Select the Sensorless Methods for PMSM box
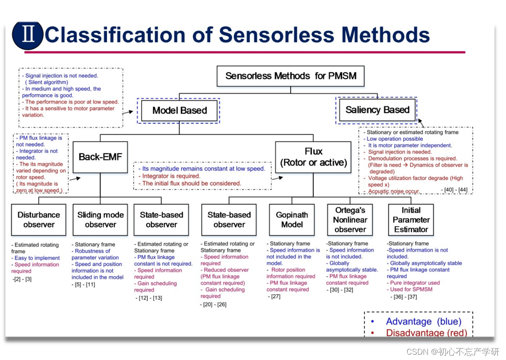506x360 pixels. tap(291, 76)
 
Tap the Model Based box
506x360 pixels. tap(179, 110)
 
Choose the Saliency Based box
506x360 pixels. tap(377, 110)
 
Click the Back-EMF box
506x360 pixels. tap(100, 157)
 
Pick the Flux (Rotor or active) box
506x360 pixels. tap(313, 157)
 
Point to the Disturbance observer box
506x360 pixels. tap(39, 220)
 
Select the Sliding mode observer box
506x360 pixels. tap(100, 220)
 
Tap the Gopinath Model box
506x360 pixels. tap(292, 220)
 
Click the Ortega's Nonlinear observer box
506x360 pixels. tap(350, 220)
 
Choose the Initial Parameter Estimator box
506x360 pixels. tap(411, 220)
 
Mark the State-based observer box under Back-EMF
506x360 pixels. tap(161, 220)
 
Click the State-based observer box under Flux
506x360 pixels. tap(229, 220)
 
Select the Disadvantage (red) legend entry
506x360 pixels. tap(426, 333)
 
